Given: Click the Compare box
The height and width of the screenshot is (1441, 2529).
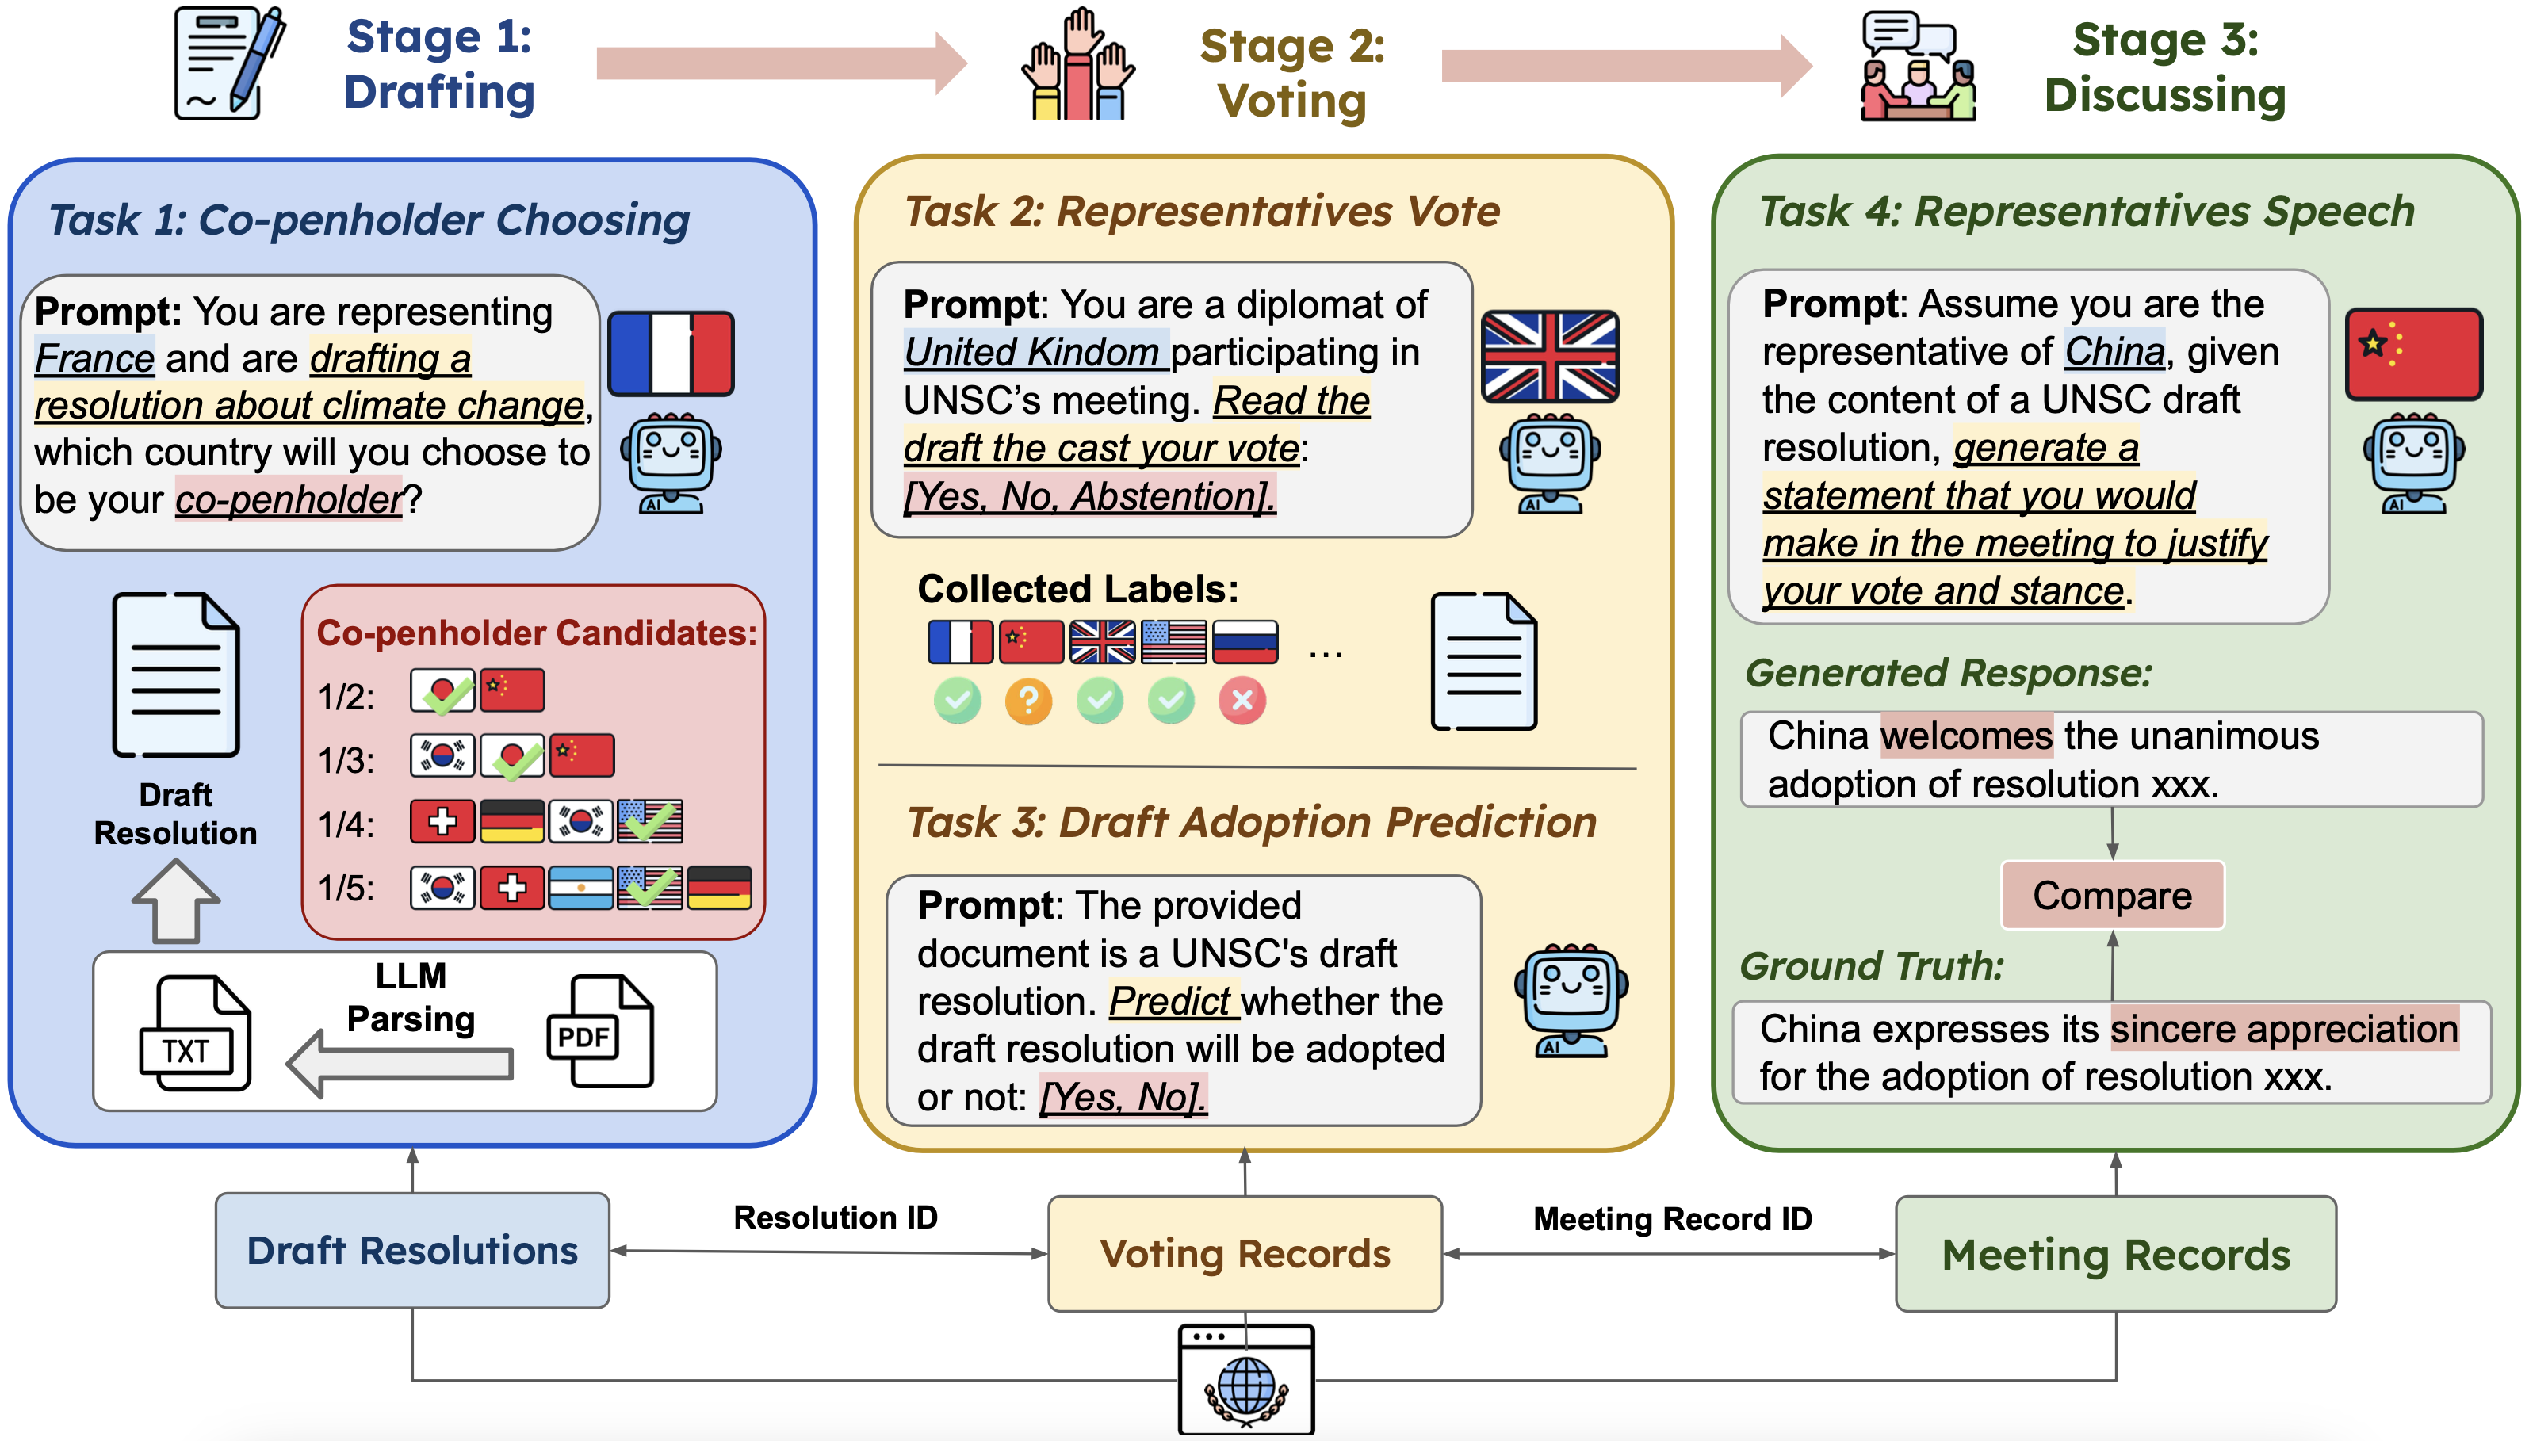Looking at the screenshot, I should point(2111,895).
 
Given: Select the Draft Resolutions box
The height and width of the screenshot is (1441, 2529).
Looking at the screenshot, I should point(411,1250).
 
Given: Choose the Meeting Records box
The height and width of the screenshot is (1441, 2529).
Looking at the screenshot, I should point(2115,1254).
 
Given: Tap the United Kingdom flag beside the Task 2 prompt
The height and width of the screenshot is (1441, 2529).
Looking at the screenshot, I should point(1549,357).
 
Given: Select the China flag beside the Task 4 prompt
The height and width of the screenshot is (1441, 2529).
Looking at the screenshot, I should point(2413,354).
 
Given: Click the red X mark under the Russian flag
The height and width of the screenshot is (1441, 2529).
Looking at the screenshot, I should point(1242,701).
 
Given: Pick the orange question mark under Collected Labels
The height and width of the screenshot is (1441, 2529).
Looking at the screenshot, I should point(1028,701).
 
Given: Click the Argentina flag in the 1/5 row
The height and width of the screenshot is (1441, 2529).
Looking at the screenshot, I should point(580,888).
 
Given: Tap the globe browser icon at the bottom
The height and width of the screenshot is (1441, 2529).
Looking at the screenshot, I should point(1245,1378).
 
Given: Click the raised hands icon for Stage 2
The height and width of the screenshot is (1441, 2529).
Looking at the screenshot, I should point(1078,65).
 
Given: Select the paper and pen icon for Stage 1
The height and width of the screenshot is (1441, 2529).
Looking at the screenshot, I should point(228,63).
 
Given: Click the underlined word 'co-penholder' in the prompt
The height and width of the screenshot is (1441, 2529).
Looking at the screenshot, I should point(288,499).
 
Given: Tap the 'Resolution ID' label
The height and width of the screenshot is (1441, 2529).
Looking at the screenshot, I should point(835,1217).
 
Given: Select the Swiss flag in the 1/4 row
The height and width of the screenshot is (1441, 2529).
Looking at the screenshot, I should point(442,821).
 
